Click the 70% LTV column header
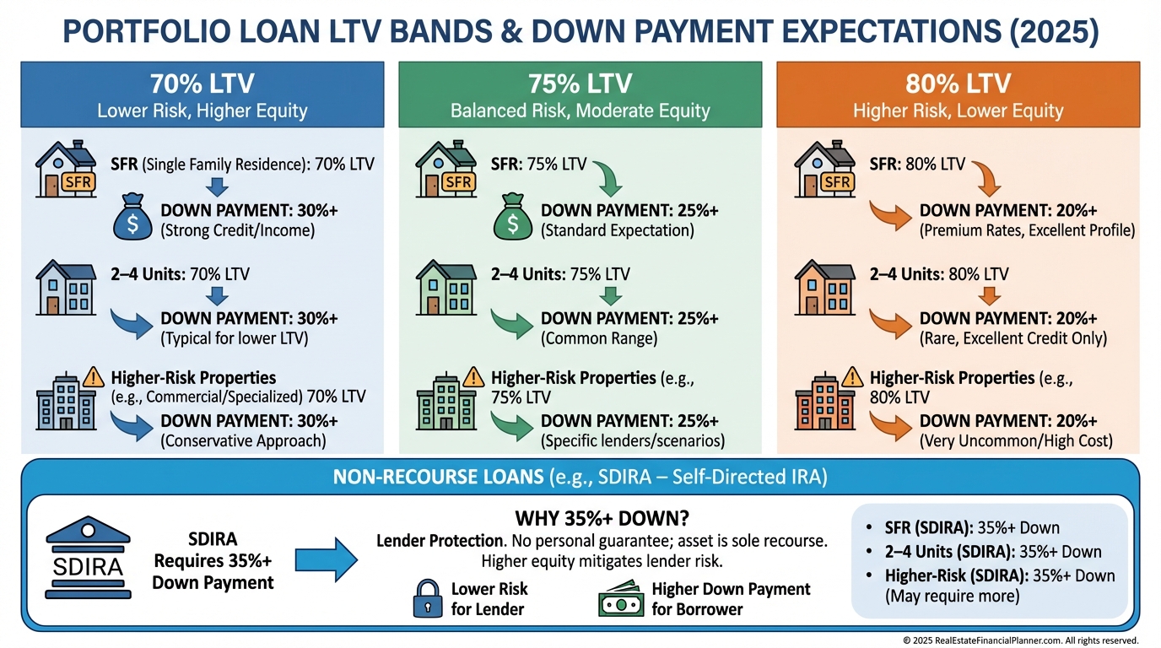[202, 94]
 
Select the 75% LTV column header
[580, 94]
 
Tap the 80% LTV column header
[958, 94]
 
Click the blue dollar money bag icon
[132, 217]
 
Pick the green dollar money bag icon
[513, 217]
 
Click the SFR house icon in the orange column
[824, 169]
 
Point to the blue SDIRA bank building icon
[88, 557]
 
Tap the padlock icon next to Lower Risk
[428, 599]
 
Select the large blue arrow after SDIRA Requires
[327, 560]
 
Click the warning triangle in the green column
[473, 377]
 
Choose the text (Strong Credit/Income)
[237, 230]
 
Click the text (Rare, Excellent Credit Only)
[1013, 338]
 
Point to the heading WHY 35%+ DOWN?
[602, 518]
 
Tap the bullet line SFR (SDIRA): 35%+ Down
[972, 527]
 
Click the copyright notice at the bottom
[1021, 640]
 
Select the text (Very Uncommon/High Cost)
[1016, 441]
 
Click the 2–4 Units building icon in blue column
[66, 288]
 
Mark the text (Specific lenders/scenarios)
[632, 441]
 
